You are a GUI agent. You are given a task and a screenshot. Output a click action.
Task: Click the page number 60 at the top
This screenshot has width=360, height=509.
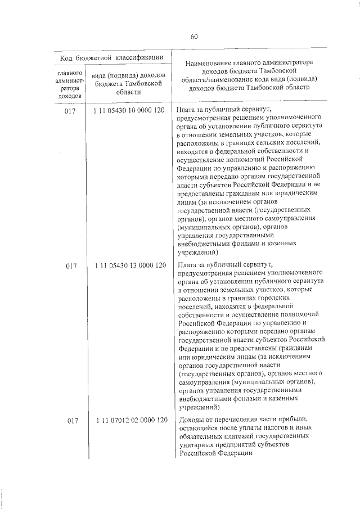click(x=194, y=37)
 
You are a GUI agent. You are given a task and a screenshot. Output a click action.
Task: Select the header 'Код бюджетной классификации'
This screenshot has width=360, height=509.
click(x=112, y=57)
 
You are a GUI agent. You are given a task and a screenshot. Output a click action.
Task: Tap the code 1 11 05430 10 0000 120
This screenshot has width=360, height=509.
click(x=130, y=110)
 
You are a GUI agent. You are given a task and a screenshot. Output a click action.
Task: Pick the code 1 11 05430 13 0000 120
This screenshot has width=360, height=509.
click(x=130, y=265)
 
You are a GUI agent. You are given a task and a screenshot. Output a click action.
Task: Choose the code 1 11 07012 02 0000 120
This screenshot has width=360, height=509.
click(x=130, y=421)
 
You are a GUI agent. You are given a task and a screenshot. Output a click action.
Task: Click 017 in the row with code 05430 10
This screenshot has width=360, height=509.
click(x=71, y=110)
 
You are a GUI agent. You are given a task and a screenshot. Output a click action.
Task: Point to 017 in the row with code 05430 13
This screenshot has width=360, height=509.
click(x=71, y=265)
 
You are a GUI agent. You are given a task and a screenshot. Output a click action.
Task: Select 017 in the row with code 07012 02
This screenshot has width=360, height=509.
click(x=71, y=421)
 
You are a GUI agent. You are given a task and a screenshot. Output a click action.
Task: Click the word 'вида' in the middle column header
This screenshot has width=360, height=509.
click(x=100, y=76)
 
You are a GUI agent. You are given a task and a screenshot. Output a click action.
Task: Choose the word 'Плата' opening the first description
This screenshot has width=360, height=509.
click(x=186, y=110)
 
